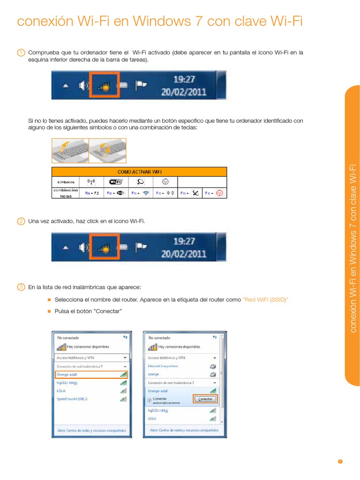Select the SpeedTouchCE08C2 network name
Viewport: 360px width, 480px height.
pos(72,399)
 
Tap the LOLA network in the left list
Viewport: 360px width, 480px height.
pos(60,390)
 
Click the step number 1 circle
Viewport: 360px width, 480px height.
pos(21,53)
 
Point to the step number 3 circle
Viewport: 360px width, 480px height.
pos(21,287)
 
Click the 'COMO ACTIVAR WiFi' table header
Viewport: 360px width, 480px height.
pos(139,172)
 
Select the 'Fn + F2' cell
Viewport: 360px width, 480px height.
pos(92,193)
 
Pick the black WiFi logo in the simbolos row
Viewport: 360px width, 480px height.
pos(116,182)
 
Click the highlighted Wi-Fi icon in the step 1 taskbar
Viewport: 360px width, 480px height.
pos(105,85)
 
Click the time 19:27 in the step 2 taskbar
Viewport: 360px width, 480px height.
pos(184,241)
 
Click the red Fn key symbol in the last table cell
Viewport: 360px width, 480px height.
pos(219,193)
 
